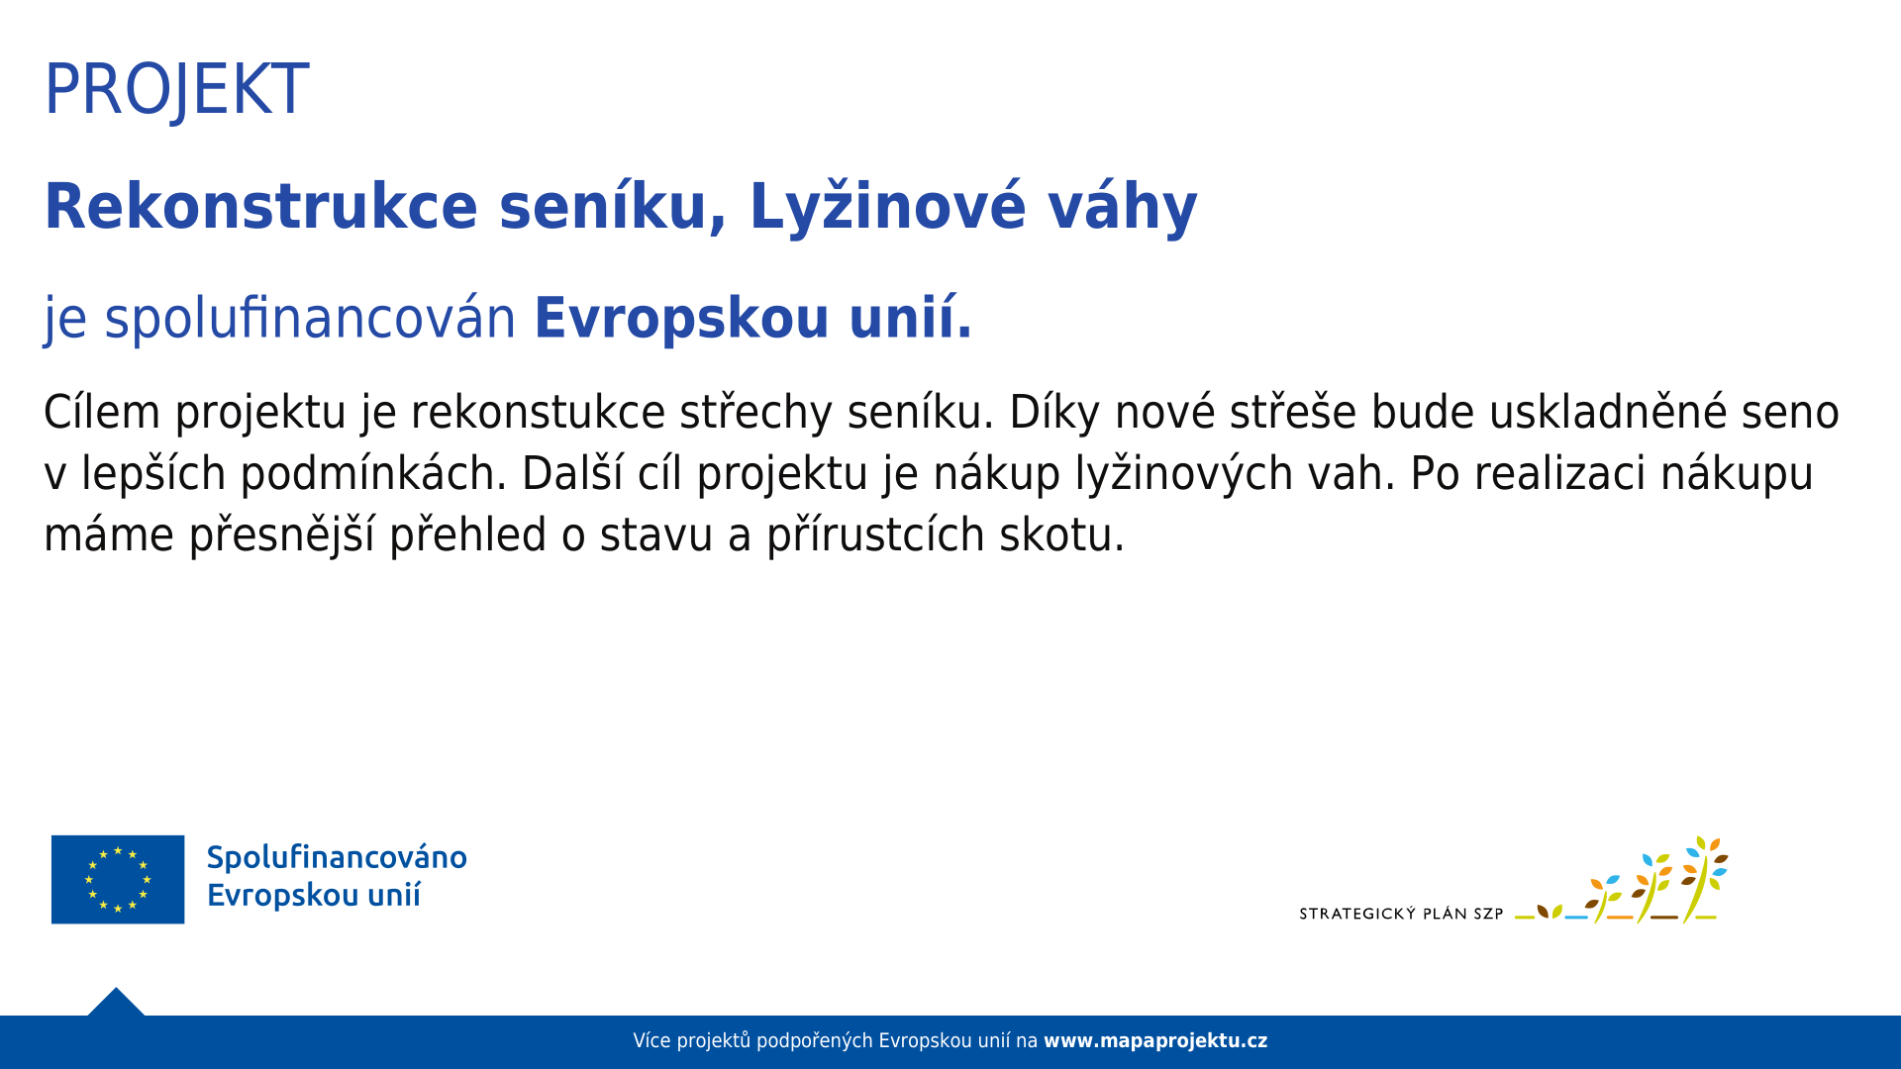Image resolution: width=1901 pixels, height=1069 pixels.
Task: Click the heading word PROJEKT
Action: pyautogui.click(x=176, y=90)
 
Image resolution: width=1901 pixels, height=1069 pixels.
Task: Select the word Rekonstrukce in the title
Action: pyautogui.click(x=261, y=207)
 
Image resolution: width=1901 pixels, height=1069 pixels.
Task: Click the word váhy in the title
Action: pyautogui.click(x=1123, y=207)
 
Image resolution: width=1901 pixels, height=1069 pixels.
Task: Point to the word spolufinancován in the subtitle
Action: pyautogui.click(x=310, y=319)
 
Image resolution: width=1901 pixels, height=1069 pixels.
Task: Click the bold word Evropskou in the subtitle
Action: pyautogui.click(x=681, y=319)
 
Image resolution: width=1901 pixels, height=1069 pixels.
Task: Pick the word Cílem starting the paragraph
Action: pyautogui.click(x=102, y=412)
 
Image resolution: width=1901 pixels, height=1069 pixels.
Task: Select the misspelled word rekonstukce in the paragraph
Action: pyautogui.click(x=538, y=412)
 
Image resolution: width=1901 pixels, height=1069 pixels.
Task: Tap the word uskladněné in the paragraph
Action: pyautogui.click(x=1609, y=412)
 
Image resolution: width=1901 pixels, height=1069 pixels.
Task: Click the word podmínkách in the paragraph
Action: pyautogui.click(x=373, y=473)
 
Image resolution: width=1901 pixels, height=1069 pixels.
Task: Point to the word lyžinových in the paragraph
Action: pyautogui.click(x=1184, y=473)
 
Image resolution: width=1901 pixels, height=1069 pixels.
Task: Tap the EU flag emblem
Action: pyautogui.click(x=118, y=879)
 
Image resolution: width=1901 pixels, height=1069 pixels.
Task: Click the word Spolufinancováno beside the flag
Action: pyautogui.click(x=337, y=857)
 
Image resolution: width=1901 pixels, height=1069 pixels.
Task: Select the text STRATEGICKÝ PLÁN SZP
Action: pyautogui.click(x=1401, y=914)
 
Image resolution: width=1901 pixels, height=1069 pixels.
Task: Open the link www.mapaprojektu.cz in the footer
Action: pyautogui.click(x=1155, y=1041)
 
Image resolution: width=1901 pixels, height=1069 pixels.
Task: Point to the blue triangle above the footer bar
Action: pyautogui.click(x=116, y=1002)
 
